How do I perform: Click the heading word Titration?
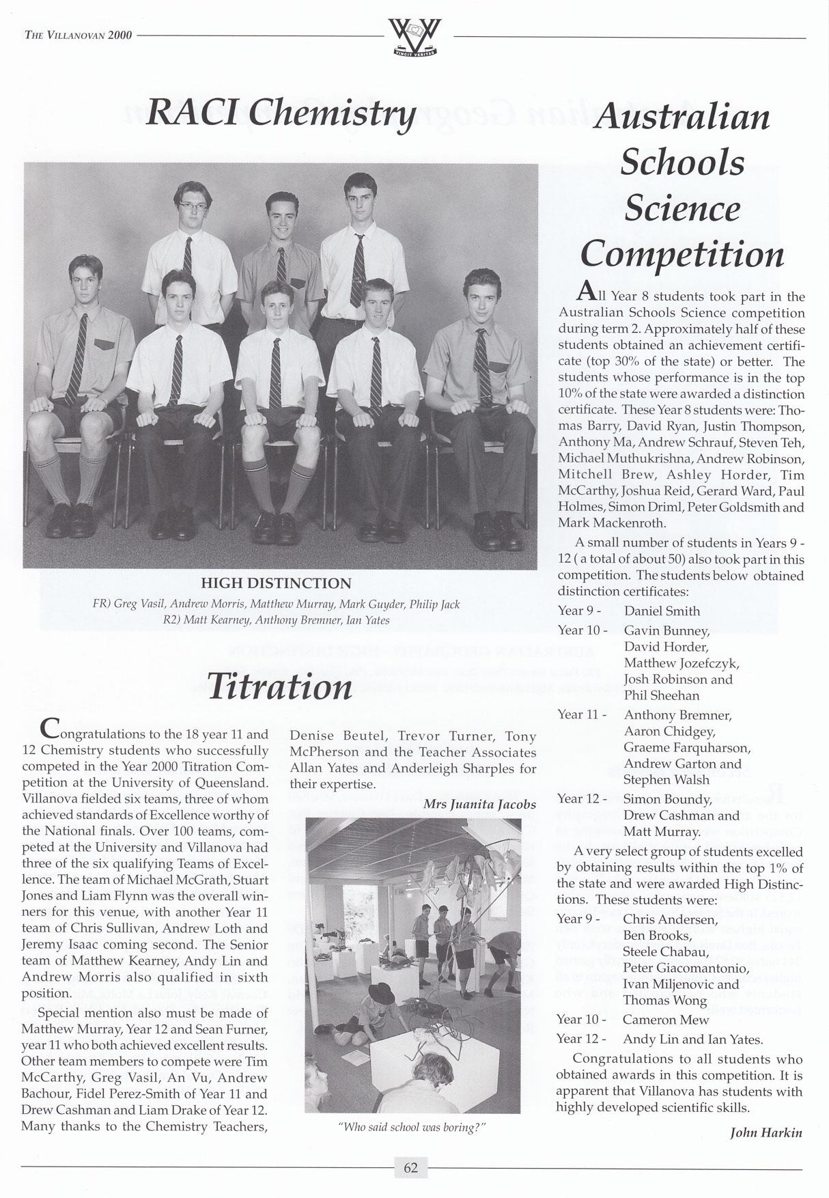click(280, 686)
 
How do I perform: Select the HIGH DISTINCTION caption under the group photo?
click(276, 583)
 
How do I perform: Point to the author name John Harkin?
click(767, 1132)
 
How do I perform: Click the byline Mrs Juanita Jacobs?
click(479, 804)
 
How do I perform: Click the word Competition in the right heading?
click(682, 254)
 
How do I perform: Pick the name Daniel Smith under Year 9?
click(662, 611)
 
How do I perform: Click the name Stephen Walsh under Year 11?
click(666, 779)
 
